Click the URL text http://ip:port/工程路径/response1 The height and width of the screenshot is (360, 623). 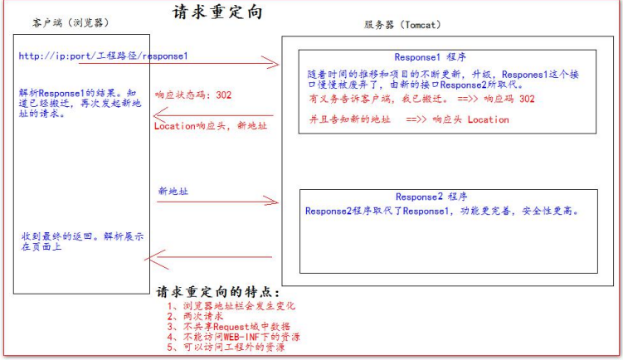pos(104,56)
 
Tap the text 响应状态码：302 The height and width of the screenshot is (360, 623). pos(193,95)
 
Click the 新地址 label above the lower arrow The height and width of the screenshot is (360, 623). pos(173,191)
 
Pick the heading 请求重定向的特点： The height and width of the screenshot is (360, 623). pos(218,293)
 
